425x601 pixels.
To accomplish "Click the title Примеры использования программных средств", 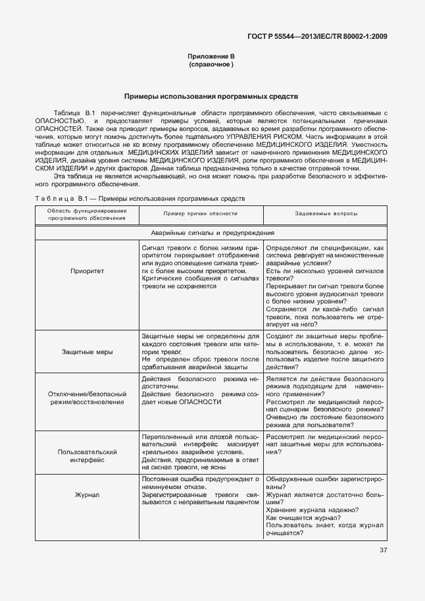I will click(211, 96).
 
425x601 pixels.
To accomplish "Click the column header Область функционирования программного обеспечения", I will click(87, 214).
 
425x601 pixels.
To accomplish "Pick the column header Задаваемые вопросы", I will click(326, 214).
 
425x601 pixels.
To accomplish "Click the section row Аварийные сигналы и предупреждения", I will click(212, 233).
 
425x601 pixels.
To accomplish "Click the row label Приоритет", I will click(87, 271).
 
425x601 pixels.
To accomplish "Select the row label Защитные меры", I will click(87, 352).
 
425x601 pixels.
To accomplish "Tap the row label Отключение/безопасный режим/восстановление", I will click(87, 398).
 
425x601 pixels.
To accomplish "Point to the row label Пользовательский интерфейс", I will click(87, 456).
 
